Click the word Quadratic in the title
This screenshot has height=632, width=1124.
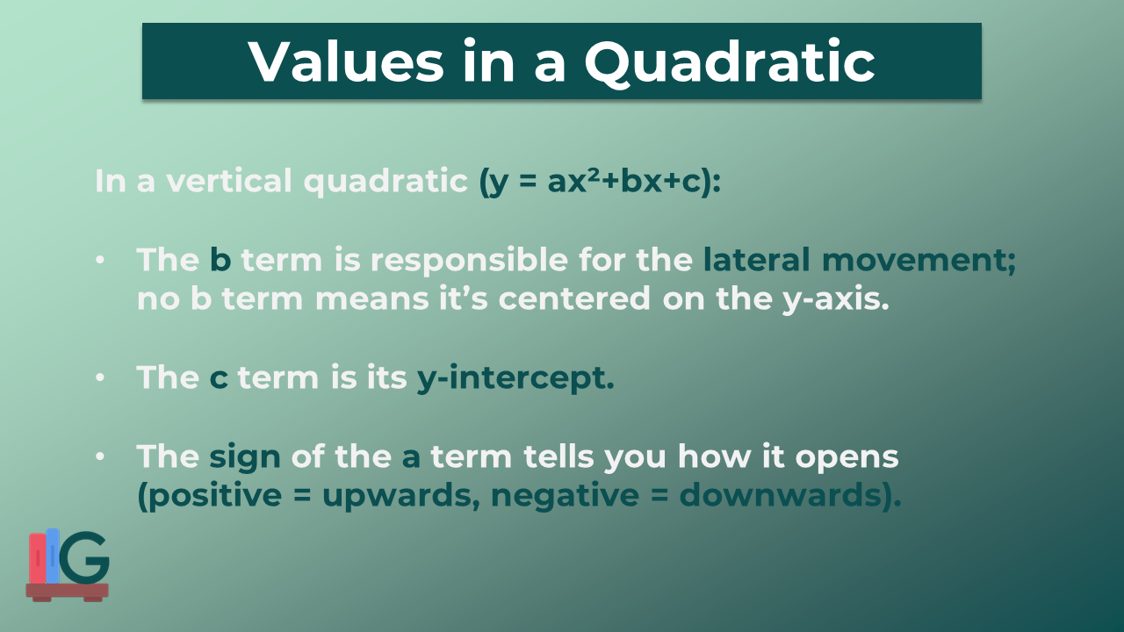click(730, 62)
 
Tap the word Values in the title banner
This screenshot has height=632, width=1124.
click(346, 61)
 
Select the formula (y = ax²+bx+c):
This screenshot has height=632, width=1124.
click(600, 181)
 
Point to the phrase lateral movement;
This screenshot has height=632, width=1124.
click(860, 261)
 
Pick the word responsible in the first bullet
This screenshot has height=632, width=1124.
click(469, 262)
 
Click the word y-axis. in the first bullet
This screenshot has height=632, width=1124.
click(835, 300)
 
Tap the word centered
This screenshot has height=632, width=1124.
click(574, 298)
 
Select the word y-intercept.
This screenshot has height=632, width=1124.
click(515, 378)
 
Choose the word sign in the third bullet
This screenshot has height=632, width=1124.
click(244, 458)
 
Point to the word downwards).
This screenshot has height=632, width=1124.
click(790, 496)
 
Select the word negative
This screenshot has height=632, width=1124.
click(565, 496)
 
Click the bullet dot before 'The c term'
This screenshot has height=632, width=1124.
click(100, 377)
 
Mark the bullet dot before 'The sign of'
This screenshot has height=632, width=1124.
click(100, 457)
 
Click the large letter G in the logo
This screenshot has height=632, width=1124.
click(84, 557)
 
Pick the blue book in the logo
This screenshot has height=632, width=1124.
click(53, 556)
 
